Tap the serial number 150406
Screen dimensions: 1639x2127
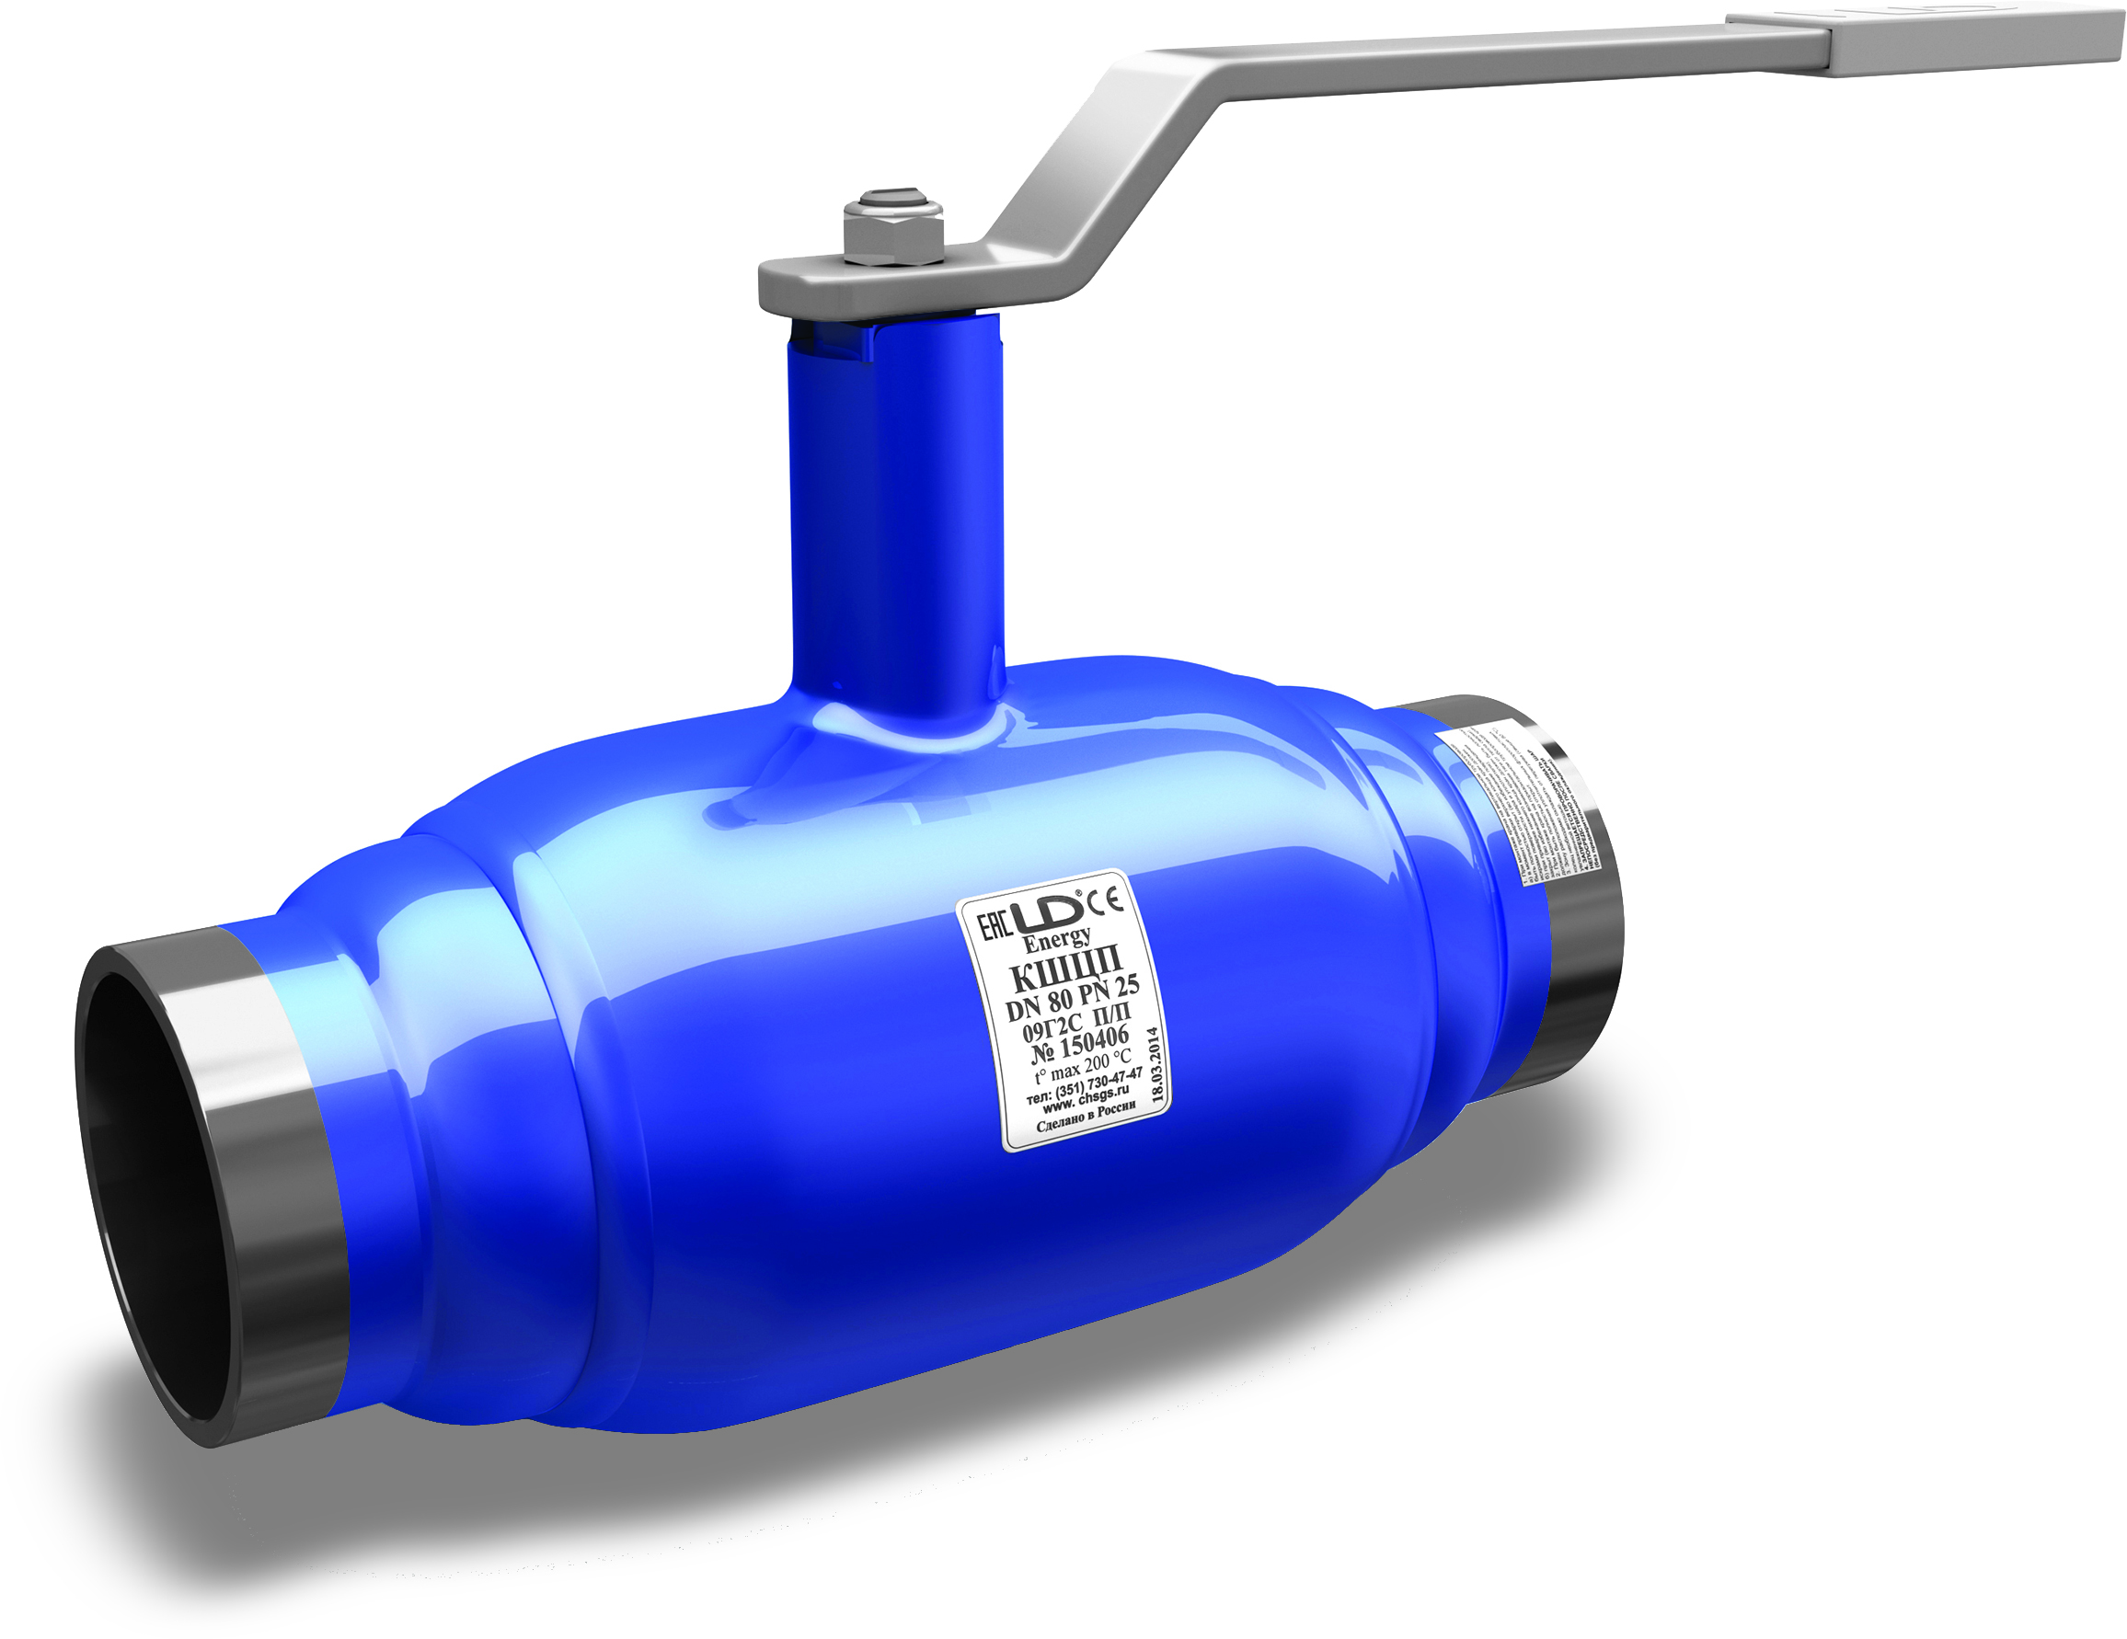[1092, 1044]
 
